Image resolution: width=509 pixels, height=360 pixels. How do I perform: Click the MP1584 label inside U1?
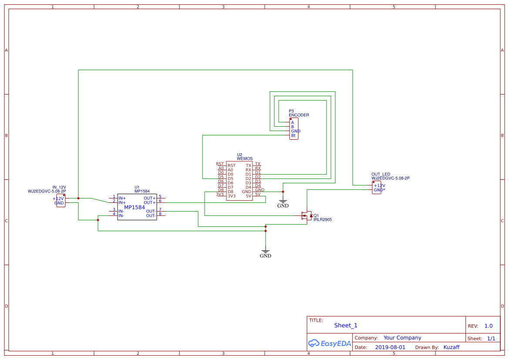click(135, 208)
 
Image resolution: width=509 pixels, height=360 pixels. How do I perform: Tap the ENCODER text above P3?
click(299, 115)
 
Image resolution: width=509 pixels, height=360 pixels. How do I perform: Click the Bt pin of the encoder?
click(293, 136)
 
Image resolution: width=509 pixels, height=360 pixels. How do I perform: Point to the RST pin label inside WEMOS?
click(232, 165)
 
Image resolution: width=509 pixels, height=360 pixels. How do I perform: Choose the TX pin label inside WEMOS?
click(248, 165)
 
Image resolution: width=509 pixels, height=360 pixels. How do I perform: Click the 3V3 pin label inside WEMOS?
click(231, 196)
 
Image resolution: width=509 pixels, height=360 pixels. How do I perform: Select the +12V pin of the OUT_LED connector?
click(379, 185)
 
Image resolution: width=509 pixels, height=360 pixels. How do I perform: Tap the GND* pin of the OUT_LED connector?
click(379, 190)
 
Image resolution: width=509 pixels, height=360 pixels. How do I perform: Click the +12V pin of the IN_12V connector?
click(58, 199)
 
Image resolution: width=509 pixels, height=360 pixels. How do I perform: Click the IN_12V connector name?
click(59, 187)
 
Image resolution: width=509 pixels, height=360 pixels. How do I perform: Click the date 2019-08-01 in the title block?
click(390, 347)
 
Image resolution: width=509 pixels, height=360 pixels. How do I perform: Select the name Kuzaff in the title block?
click(451, 347)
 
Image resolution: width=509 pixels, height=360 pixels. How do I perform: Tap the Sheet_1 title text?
click(346, 326)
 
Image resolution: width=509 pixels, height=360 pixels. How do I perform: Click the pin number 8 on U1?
click(160, 214)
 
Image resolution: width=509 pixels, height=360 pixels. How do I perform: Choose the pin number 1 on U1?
click(114, 196)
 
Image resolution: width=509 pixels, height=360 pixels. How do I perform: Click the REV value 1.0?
click(489, 326)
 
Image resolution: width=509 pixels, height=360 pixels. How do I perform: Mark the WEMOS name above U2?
click(245, 158)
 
